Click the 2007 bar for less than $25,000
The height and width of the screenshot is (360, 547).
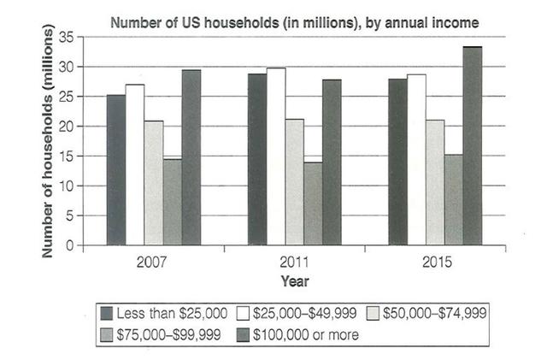[116, 170]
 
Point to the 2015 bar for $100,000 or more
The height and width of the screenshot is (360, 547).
[473, 146]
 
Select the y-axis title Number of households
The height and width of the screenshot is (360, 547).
[49, 142]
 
